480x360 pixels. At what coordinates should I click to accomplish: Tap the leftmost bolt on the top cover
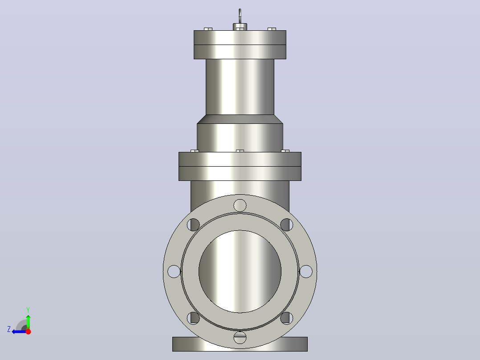pos(208,29)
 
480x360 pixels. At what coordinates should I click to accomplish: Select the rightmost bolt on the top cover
pos(272,29)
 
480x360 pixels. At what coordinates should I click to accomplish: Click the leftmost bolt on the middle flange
pos(195,151)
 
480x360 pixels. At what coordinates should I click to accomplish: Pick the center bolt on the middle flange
pos(240,151)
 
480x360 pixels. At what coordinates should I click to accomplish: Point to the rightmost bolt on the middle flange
pos(285,151)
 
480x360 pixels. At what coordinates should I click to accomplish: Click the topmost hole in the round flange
pos(240,205)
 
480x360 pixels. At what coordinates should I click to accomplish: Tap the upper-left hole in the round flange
pos(193,225)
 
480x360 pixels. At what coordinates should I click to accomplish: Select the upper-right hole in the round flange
pos(287,225)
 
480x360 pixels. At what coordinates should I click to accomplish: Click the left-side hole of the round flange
pos(174,271)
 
